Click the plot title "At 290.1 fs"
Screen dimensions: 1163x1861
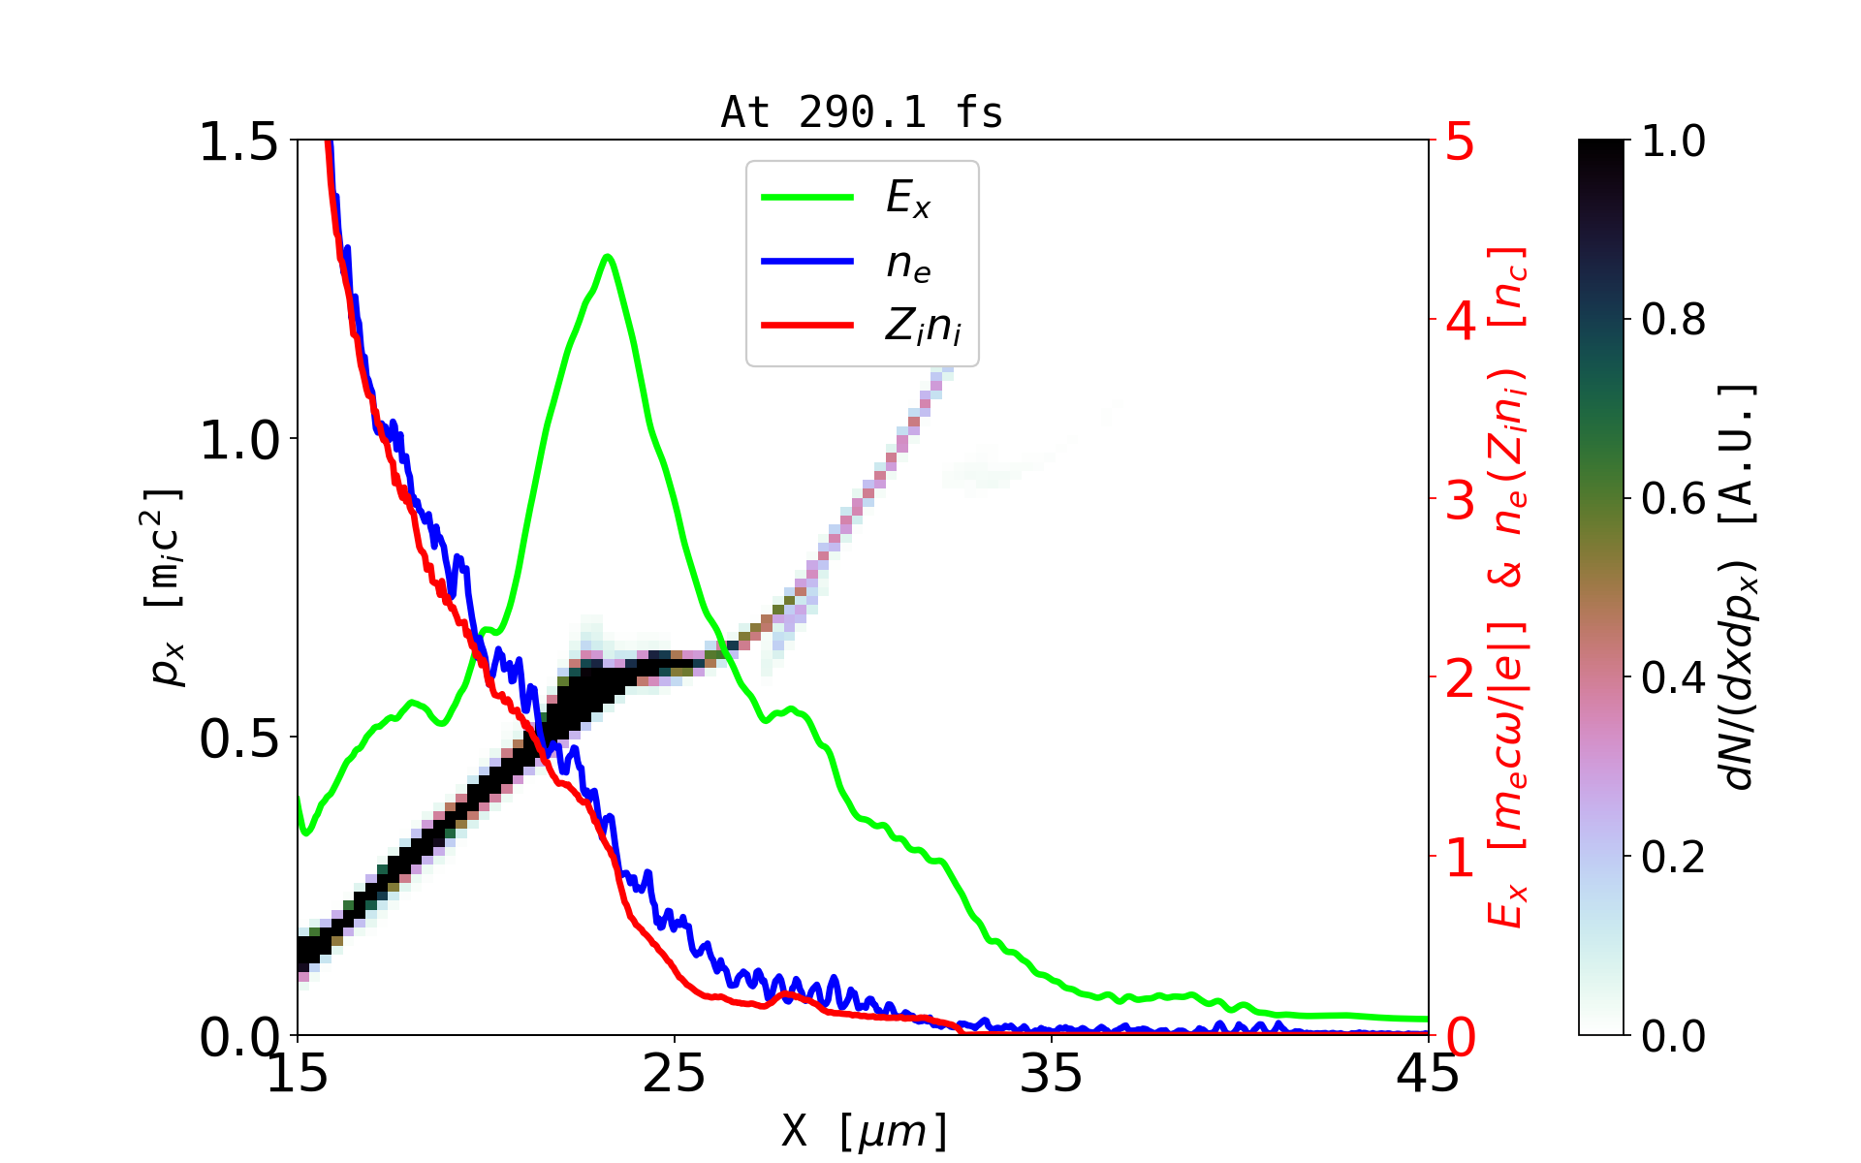(x=862, y=113)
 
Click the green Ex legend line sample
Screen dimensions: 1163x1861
(x=807, y=198)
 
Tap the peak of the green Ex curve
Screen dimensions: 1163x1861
(x=608, y=257)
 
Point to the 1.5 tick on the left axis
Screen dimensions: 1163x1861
(x=238, y=141)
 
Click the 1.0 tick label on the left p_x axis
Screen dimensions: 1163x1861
(x=238, y=440)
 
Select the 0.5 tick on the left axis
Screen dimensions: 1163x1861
(x=238, y=739)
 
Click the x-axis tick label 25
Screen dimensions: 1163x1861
(x=674, y=1074)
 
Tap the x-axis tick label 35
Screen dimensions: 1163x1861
(x=1051, y=1074)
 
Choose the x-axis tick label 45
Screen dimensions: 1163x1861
(x=1428, y=1074)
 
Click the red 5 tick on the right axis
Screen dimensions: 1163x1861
(x=1460, y=141)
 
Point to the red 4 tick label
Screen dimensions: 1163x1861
(x=1460, y=320)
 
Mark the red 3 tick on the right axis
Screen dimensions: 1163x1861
(x=1460, y=499)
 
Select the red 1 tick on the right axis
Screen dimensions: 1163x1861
(x=1460, y=858)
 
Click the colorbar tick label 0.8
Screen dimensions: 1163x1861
(x=1673, y=320)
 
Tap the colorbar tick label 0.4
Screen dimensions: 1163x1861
(x=1673, y=678)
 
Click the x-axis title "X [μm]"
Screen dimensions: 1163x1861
(x=865, y=1130)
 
